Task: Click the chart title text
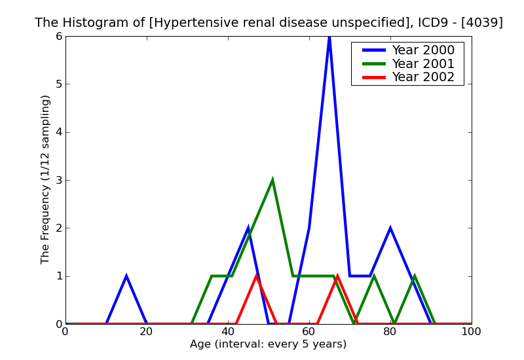click(x=269, y=23)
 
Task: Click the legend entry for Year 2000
click(x=422, y=50)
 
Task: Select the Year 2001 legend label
click(x=422, y=63)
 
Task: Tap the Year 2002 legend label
click(x=422, y=77)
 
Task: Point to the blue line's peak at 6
click(x=329, y=37)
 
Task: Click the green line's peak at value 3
click(x=272, y=180)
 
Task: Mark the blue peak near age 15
click(x=126, y=276)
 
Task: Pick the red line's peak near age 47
click(x=257, y=276)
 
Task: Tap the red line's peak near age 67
click(x=337, y=276)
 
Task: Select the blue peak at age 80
click(x=390, y=228)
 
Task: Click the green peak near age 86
click(x=415, y=276)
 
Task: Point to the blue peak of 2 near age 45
click(x=248, y=228)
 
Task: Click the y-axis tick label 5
click(x=58, y=84)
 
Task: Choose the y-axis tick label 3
click(x=58, y=180)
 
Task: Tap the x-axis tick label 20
click(x=147, y=332)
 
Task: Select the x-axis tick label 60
click(x=309, y=332)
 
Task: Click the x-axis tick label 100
click(x=471, y=332)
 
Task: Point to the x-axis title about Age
click(x=269, y=344)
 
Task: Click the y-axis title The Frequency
click(x=46, y=179)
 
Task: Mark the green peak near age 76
click(x=374, y=276)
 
